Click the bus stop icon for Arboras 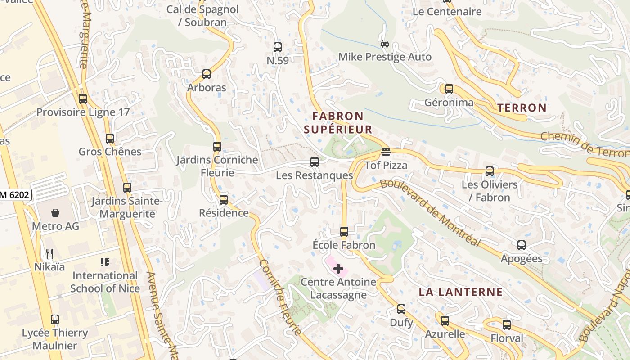pos(207,74)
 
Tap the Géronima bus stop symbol pos(449,89)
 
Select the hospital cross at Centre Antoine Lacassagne pos(338,269)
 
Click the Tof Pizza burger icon pos(386,152)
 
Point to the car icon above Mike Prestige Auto pos(385,44)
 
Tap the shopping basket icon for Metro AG pos(55,212)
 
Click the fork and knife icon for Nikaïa pos(49,254)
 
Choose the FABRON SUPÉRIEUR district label pos(338,123)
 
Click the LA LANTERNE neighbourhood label pos(461,292)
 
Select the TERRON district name pos(522,108)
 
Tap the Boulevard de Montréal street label pos(430,212)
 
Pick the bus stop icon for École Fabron pos(344,232)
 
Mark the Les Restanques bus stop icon pos(315,162)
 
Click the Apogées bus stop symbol pos(522,245)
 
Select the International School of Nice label pos(105,282)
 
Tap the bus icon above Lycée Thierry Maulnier pos(55,319)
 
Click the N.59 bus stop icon pos(278,47)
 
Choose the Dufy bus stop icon pos(401,309)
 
